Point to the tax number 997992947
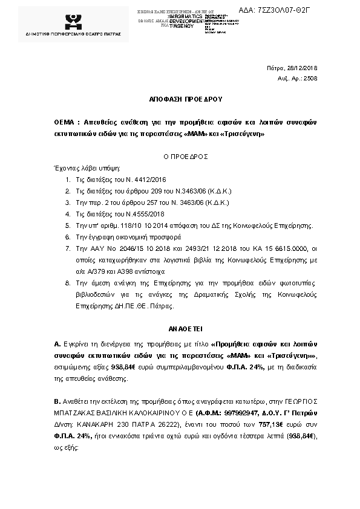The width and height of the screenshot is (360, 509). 227,412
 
